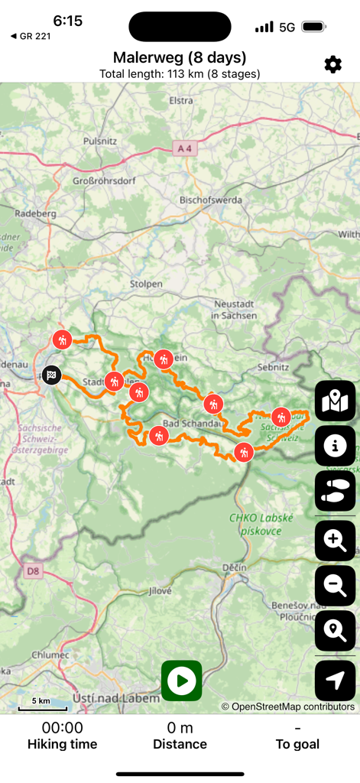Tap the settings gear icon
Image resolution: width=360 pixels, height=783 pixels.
coord(332,64)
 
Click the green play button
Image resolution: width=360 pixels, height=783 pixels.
coord(181,681)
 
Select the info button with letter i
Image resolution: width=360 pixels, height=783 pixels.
coord(335,445)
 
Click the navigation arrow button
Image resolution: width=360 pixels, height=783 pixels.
coord(335,681)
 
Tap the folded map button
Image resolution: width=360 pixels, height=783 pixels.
coord(335,400)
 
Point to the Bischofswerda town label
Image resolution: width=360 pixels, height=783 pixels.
coord(210,200)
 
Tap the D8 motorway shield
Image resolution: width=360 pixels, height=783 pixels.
coord(32,570)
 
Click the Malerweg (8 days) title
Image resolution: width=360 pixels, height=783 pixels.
coord(180,57)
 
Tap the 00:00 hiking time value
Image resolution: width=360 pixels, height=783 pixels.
coord(62,728)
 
